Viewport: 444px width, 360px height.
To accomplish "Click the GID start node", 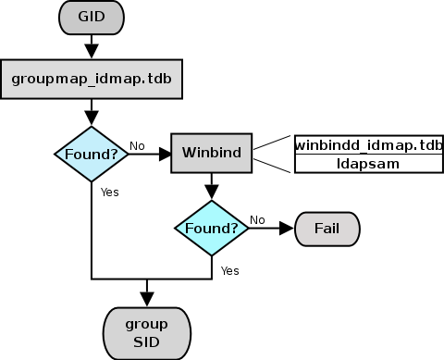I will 91,16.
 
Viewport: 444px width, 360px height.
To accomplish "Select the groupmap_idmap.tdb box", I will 91,79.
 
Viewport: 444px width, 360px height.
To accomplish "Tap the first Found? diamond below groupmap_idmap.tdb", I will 91,153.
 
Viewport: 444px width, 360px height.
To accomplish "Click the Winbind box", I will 212,153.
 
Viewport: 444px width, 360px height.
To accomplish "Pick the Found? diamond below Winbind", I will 212,227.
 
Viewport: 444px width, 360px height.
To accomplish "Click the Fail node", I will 326,227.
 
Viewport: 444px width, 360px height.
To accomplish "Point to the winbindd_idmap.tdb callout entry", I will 368,145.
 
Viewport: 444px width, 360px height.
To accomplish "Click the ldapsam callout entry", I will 368,163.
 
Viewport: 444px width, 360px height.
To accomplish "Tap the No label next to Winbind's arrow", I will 137,145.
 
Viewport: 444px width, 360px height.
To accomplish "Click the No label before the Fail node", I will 258,219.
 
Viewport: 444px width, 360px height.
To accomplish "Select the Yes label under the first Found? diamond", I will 110,192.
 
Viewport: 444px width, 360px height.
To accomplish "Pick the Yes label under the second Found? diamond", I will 230,270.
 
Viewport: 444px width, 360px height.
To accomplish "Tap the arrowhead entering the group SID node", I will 146,299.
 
